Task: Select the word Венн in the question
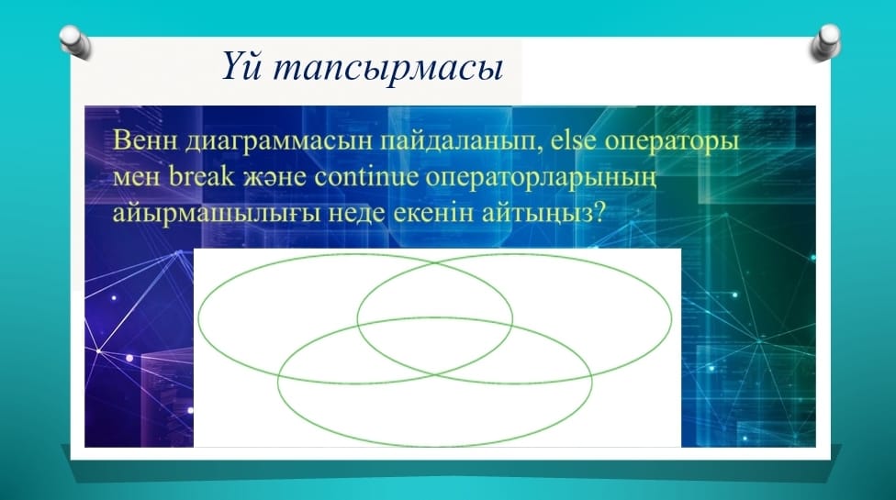pyautogui.click(x=145, y=139)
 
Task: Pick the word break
pyautogui.click(x=202, y=176)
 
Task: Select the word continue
pyautogui.click(x=366, y=176)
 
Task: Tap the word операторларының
pyautogui.click(x=541, y=179)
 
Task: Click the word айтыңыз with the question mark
pyautogui.click(x=543, y=214)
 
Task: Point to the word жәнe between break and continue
pyautogui.click(x=274, y=177)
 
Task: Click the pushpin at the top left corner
pyautogui.click(x=75, y=41)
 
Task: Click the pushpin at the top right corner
pyautogui.click(x=825, y=42)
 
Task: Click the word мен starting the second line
pyautogui.click(x=137, y=177)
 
